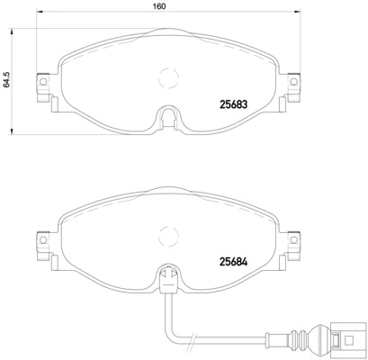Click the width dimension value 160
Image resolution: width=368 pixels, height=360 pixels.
click(158, 6)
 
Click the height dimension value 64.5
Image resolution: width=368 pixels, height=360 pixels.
click(7, 82)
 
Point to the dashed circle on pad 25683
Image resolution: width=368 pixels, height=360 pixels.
click(166, 78)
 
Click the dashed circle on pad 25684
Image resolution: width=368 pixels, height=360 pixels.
click(166, 236)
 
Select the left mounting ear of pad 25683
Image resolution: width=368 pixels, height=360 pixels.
click(40, 85)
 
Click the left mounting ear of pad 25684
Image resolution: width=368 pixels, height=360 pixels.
click(40, 243)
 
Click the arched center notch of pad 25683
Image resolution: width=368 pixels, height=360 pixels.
click(166, 116)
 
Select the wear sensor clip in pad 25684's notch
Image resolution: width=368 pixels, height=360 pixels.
click(166, 278)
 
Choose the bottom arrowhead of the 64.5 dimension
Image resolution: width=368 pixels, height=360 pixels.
click(18, 134)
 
